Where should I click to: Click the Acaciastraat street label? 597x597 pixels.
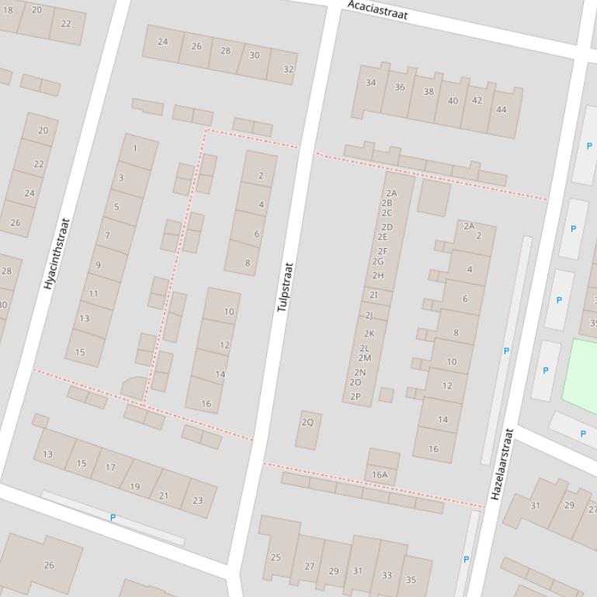377,10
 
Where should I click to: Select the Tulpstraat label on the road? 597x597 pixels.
286,287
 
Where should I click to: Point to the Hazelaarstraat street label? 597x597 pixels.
502,464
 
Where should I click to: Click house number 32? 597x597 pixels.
288,69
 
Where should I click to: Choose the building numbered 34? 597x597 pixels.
370,83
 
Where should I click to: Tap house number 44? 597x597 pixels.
501,109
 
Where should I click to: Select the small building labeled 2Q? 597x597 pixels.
307,423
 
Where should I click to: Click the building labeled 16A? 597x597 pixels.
380,474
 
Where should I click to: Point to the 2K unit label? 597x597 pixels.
370,334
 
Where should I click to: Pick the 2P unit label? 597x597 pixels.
356,396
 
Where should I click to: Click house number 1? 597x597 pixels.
135,148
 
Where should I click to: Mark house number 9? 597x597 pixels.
98,265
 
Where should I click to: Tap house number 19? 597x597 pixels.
135,487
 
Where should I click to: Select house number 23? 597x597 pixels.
197,500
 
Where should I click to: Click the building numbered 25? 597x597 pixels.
276,557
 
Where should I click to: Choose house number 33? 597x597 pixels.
387,575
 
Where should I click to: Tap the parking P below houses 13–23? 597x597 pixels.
113,517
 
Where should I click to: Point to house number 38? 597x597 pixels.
428,91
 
